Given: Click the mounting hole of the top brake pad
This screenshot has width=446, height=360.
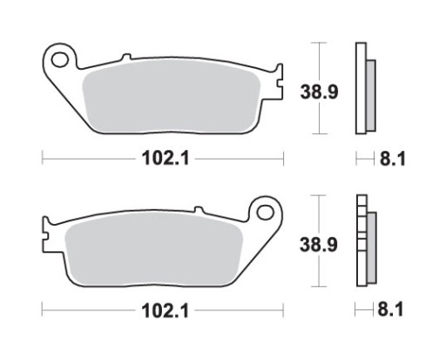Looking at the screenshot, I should [60, 60].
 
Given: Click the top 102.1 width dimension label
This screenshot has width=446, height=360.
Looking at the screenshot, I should [163, 159].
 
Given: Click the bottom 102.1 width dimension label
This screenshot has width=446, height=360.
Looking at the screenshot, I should [163, 309].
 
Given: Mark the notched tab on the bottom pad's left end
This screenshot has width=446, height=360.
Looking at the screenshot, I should [46, 234].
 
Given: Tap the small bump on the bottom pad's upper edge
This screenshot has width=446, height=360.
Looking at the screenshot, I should [199, 210].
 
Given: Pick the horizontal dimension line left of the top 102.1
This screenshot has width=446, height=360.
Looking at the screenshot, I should [87, 159].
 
